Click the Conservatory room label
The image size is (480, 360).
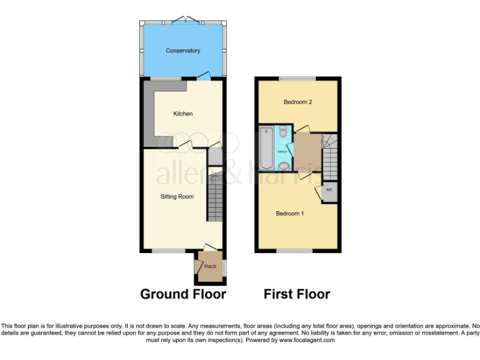pos(182,51)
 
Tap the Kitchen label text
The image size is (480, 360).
pos(182,114)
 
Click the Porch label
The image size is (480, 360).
pos(210,266)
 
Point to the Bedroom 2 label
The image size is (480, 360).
pos(297,102)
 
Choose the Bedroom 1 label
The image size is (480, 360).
pos(290,214)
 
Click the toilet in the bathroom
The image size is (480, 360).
pos(283,132)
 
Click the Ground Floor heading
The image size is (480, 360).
pos(182,294)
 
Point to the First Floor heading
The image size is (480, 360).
pos(297,294)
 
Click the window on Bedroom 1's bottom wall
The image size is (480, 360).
pos(294,251)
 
